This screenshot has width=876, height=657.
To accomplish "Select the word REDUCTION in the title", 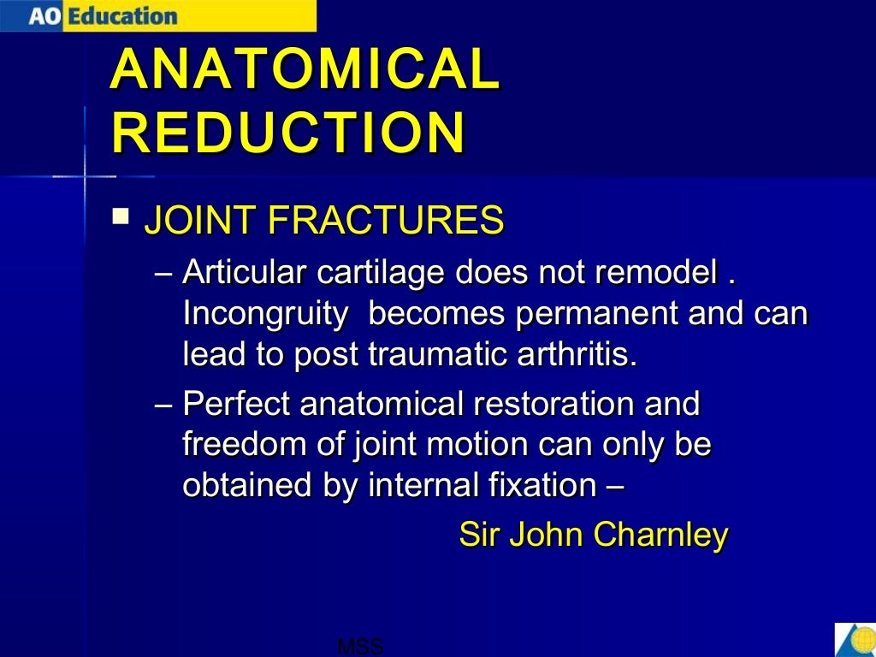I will tap(288, 133).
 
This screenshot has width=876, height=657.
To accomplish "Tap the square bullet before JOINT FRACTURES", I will tap(121, 213).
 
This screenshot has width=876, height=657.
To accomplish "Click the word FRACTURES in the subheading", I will tap(385, 221).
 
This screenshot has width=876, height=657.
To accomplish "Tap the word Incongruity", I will tap(265, 314).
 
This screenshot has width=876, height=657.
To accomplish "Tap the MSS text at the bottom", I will tap(360, 648).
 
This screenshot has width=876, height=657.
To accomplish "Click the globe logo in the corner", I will tap(855, 640).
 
